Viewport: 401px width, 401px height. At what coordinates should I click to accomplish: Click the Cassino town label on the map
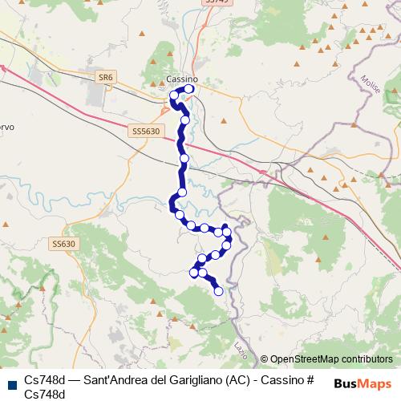tap(182, 79)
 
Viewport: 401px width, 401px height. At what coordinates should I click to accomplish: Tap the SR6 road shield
tap(105, 77)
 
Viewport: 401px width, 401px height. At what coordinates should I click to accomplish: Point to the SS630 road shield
tap(63, 243)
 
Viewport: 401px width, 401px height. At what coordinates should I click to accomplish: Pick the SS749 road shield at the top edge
tap(217, 2)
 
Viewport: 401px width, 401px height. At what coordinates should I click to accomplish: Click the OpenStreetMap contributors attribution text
tap(331, 359)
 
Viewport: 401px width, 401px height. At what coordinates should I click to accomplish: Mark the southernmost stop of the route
tap(218, 291)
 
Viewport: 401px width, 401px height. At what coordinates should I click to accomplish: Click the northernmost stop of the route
tap(190, 90)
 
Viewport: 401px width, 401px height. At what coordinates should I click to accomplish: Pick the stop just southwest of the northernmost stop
tap(173, 97)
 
